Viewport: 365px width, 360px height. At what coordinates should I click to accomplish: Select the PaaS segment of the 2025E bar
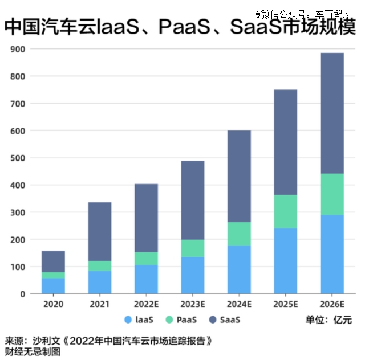point(285,211)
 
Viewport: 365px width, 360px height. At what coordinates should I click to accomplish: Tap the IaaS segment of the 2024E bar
point(239,269)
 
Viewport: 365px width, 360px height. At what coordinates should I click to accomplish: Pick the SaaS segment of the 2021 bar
point(100,231)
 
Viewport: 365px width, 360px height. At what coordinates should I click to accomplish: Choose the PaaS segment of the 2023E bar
point(193,248)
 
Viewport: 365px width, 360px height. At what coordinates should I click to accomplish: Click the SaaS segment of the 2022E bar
point(146,218)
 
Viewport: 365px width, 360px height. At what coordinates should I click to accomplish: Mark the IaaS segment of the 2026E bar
point(332,254)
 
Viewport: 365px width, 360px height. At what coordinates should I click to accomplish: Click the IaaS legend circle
point(128,320)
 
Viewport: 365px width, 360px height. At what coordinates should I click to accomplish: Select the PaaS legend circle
point(170,320)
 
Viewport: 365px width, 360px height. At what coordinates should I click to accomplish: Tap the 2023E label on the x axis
point(193,303)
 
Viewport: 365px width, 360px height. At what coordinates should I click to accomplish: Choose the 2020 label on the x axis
point(53,303)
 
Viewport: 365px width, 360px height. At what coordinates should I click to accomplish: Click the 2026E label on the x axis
point(332,303)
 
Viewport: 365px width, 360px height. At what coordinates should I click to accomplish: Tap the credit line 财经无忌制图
point(33,351)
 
